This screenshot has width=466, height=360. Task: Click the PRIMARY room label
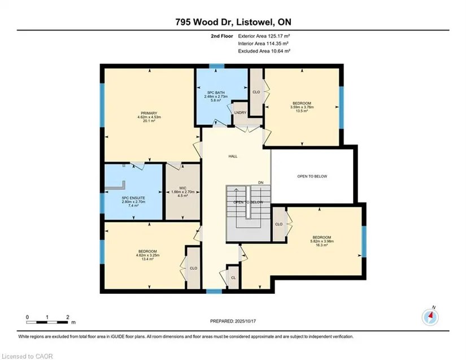[x=149, y=113]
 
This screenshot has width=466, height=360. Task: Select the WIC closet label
[x=183, y=188]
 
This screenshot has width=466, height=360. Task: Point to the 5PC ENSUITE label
[x=133, y=198]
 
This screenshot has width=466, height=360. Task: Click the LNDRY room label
[x=240, y=112]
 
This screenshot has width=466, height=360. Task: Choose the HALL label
[x=233, y=157]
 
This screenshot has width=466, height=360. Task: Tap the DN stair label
[x=260, y=183]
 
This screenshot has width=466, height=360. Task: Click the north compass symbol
[x=430, y=317]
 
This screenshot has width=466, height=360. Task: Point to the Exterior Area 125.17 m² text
[x=264, y=36]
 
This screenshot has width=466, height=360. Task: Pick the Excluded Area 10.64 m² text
[x=264, y=51]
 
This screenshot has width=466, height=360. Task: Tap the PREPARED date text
[x=233, y=321]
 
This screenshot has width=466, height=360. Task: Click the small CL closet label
[x=233, y=278]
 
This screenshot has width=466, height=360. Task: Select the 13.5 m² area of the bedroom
[x=302, y=111]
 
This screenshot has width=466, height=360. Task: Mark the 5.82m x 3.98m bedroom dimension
[x=322, y=241]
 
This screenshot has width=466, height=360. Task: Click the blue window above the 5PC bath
[x=217, y=66]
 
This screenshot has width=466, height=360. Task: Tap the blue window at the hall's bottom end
[x=214, y=291]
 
